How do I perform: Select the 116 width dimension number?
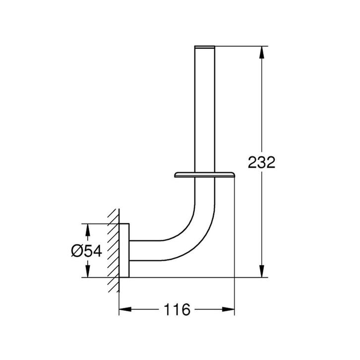coord(177,311)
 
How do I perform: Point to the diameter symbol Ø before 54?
coord(77,251)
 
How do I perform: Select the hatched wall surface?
coord(114,250)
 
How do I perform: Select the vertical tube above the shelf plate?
coord(204,109)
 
